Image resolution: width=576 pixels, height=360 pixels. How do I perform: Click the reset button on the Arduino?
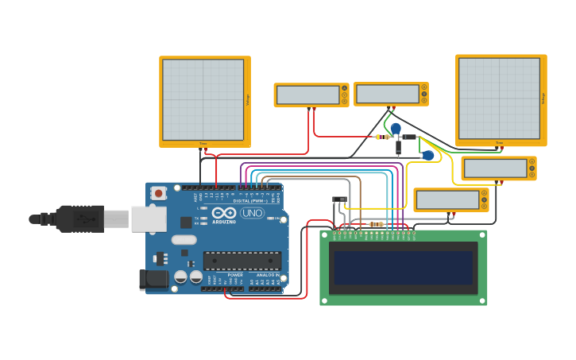(x=159, y=193)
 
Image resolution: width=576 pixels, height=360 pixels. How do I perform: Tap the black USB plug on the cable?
(x=79, y=219)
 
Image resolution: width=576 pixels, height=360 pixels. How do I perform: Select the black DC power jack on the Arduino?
(x=153, y=279)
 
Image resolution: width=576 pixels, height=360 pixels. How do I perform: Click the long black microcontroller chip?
(x=242, y=261)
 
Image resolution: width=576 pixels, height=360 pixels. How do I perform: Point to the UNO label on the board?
(x=253, y=213)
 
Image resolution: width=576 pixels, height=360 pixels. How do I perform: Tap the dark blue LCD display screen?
(x=404, y=268)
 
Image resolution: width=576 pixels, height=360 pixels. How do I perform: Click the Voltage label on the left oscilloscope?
(x=247, y=100)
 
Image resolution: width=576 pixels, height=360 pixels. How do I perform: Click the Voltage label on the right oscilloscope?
(x=543, y=99)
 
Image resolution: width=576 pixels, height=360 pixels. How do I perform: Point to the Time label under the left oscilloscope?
(x=203, y=144)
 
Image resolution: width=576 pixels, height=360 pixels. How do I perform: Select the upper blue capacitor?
(x=395, y=128)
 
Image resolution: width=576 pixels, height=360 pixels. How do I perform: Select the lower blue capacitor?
(x=428, y=156)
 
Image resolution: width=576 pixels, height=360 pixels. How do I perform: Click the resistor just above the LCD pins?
(x=377, y=225)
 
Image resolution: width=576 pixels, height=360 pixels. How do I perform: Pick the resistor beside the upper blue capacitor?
(x=383, y=137)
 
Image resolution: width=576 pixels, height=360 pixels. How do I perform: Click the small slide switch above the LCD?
(x=339, y=199)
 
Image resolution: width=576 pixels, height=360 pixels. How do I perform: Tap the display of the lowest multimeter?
(x=446, y=199)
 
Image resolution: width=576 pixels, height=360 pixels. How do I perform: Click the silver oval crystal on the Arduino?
(x=184, y=239)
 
